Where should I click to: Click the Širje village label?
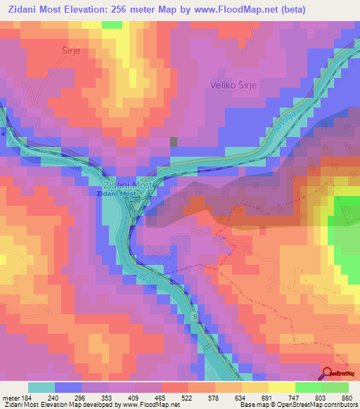[x=63, y=51]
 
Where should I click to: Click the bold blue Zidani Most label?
[x=117, y=193]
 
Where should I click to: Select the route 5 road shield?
[x=195, y=318]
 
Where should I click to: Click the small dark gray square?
[x=174, y=141]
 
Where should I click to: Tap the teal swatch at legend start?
[x=41, y=387]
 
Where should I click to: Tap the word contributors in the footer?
[x=338, y=405]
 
